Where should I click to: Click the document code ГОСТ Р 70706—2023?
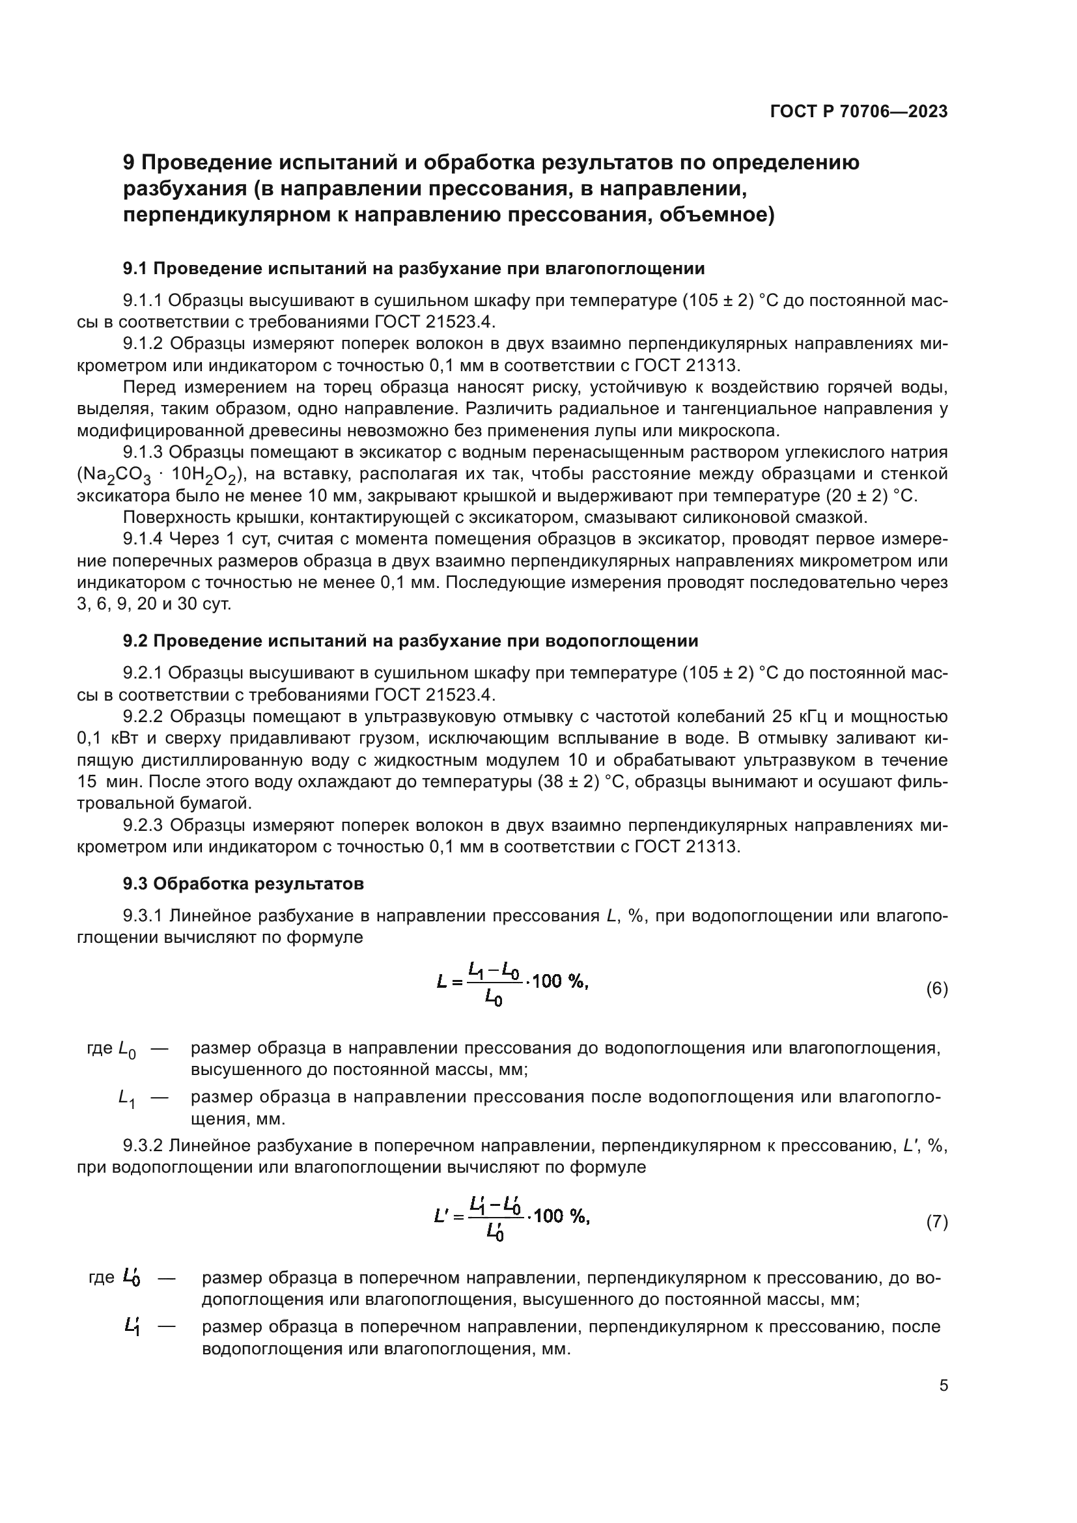(x=859, y=111)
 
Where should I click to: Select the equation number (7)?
(x=936, y=1222)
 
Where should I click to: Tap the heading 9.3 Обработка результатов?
(x=243, y=884)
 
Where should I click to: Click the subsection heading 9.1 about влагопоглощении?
(x=413, y=269)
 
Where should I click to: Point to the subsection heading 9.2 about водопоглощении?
(x=410, y=641)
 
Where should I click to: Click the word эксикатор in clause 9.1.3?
(x=408, y=453)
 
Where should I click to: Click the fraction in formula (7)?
(x=495, y=1217)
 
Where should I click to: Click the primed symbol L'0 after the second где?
(x=132, y=1277)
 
